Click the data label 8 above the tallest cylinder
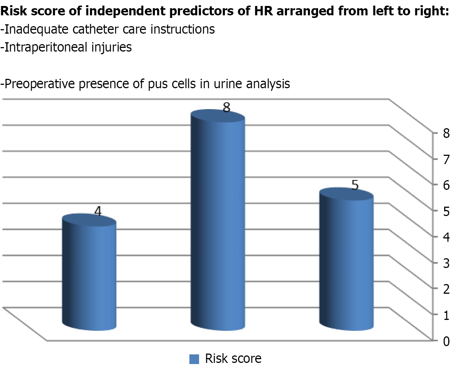[226, 108]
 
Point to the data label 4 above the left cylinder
[98, 212]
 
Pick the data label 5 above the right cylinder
[355, 185]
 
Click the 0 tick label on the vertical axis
[446, 341]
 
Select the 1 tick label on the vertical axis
[446, 315]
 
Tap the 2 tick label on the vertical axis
[446, 289]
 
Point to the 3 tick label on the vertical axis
[446, 263]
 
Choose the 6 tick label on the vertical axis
[446, 185]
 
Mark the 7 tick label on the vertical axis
[446, 159]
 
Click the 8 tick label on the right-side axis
[446, 133]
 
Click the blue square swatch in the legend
[194, 359]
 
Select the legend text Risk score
[233, 359]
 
